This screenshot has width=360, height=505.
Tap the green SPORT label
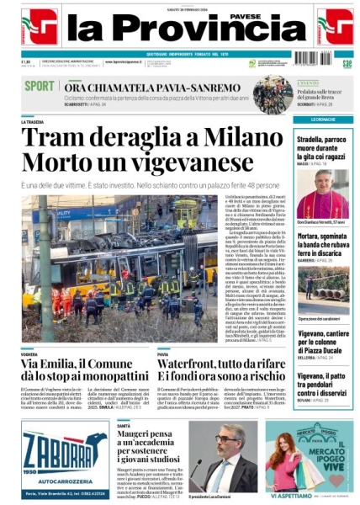pos(40,86)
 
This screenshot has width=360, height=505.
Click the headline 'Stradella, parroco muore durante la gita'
pos(323,142)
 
